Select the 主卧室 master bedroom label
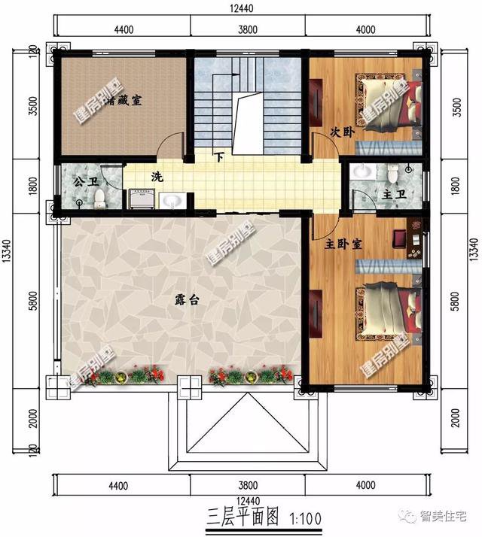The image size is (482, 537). (x=343, y=245)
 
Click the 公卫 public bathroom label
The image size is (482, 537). (x=83, y=181)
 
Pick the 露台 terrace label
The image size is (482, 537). (x=186, y=299)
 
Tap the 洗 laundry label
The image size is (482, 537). (x=157, y=177)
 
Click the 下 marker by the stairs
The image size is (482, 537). (x=219, y=158)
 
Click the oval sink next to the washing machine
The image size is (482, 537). (x=172, y=200)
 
